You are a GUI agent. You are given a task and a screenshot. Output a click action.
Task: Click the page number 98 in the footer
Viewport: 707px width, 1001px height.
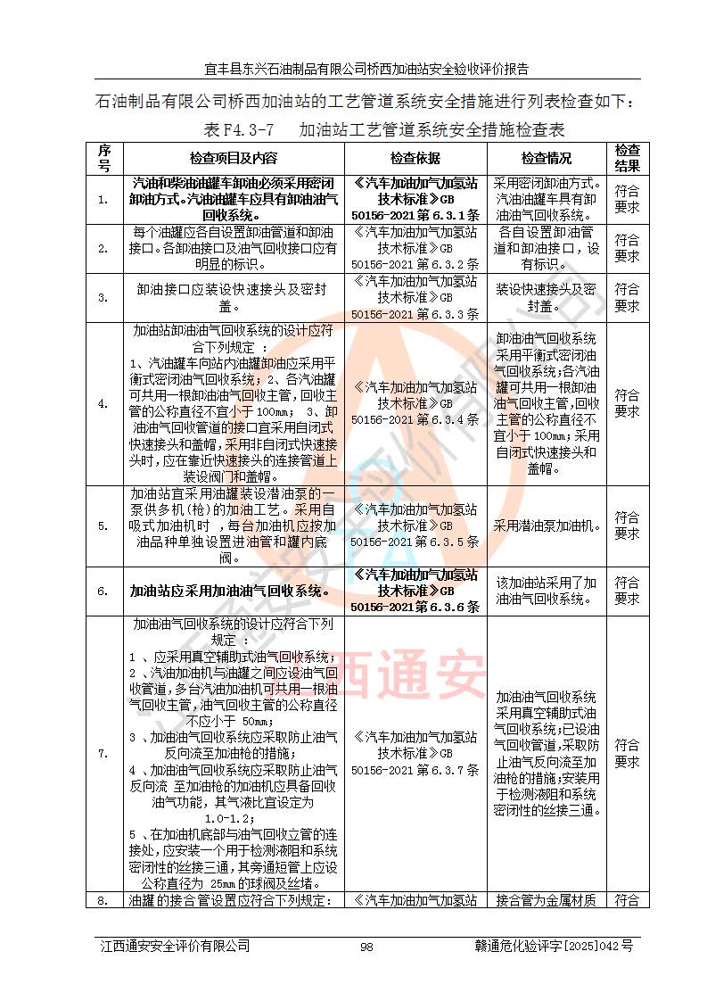[366, 947]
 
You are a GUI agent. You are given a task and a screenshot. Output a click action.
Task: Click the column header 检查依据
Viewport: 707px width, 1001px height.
[415, 158]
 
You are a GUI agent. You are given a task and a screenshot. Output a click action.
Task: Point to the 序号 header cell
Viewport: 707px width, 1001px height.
[104, 158]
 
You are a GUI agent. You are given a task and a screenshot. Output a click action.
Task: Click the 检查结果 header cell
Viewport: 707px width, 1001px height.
[628, 158]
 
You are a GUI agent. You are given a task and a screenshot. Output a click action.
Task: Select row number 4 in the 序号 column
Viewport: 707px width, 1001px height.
[104, 403]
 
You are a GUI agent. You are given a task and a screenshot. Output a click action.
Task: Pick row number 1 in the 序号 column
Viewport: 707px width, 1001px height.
[104, 199]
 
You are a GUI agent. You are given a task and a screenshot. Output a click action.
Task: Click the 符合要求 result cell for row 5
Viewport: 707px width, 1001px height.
[628, 526]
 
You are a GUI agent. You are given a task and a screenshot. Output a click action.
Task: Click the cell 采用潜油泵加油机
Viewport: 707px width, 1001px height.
[547, 526]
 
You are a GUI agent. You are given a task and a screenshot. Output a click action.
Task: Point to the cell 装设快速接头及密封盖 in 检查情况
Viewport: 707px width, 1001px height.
[547, 297]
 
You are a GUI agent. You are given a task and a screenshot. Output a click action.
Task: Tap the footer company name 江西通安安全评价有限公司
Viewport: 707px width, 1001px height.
[175, 947]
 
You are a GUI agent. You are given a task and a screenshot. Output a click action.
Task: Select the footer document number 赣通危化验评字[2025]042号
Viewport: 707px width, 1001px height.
[554, 947]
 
